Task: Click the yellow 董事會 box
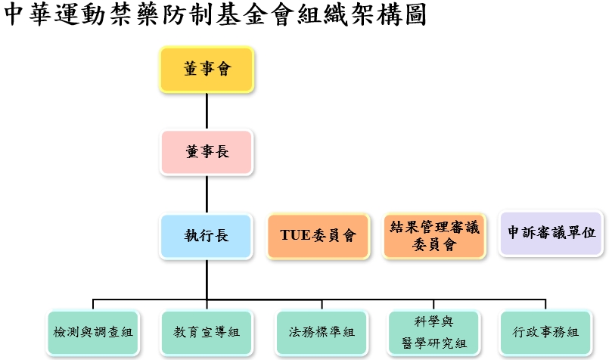[207, 70]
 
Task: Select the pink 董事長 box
[207, 152]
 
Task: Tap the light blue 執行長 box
[207, 236]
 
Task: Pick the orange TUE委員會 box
[318, 236]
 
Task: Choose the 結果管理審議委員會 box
[434, 236]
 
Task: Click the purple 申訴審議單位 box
[552, 233]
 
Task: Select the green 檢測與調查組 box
[93, 332]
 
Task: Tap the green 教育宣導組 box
[207, 332]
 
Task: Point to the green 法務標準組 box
[322, 332]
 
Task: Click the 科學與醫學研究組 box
[434, 332]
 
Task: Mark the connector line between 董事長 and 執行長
[207, 194]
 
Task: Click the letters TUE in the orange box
[295, 236]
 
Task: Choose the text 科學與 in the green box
[434, 322]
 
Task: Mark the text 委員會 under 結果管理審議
[434, 245]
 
